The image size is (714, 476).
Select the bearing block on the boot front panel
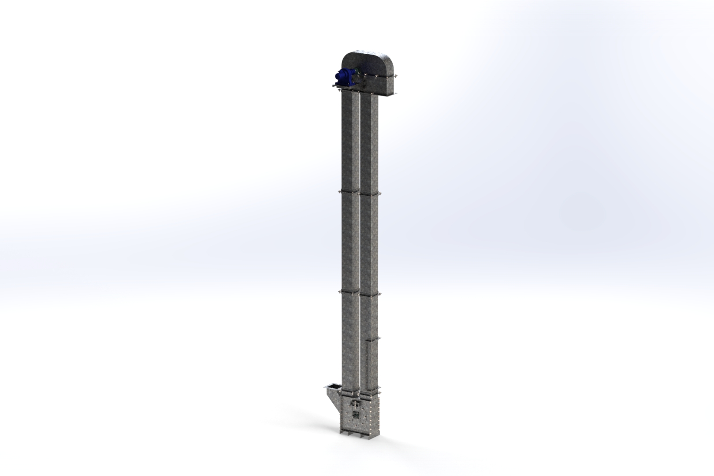pos(356,415)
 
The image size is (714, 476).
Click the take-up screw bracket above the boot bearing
pos(355,404)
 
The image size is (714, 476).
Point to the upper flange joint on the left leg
pos(350,191)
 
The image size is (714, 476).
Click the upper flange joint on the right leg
pos(370,193)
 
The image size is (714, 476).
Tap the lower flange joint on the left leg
pos(350,291)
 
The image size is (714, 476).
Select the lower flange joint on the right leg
pos(370,293)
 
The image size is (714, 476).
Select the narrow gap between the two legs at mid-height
pos(360,242)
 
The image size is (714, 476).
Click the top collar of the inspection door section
pos(372,339)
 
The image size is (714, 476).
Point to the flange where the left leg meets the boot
pos(350,391)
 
